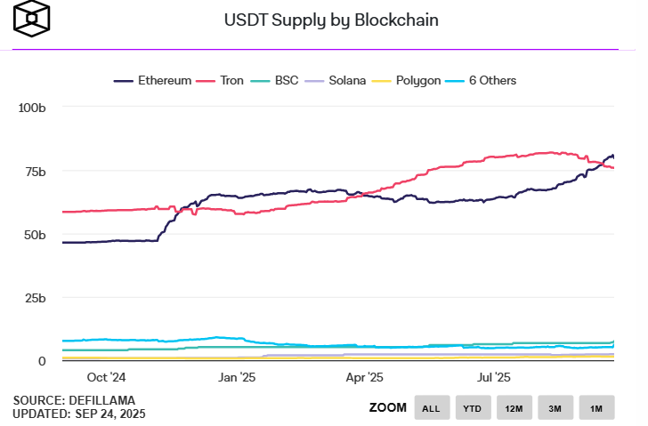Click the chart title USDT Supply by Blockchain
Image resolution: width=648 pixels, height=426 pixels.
point(324,20)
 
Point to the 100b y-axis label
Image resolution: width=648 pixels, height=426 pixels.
point(32,108)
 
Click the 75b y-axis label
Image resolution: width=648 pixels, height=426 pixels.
point(35,171)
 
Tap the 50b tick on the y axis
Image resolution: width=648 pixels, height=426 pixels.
point(35,235)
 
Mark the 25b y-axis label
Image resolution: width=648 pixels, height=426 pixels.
point(35,298)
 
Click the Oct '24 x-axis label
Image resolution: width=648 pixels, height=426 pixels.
point(107,377)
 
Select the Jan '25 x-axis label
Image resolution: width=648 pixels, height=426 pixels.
point(237,377)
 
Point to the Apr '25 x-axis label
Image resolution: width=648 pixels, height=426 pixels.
point(364,377)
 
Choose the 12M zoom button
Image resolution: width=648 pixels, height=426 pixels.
point(514,408)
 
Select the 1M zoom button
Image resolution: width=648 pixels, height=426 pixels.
point(596,408)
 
